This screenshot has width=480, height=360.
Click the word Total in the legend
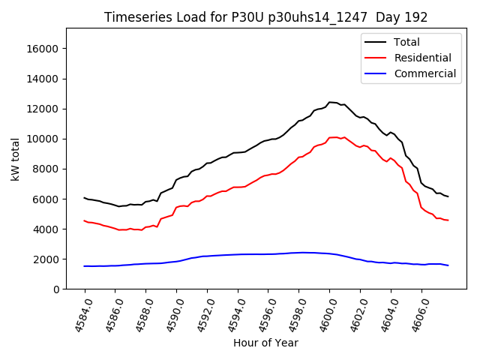(407, 42)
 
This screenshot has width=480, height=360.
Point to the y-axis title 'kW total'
(15, 158)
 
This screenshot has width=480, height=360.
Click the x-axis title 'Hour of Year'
(265, 343)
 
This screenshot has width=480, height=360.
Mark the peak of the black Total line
(330, 102)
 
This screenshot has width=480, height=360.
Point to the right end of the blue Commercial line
(448, 265)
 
